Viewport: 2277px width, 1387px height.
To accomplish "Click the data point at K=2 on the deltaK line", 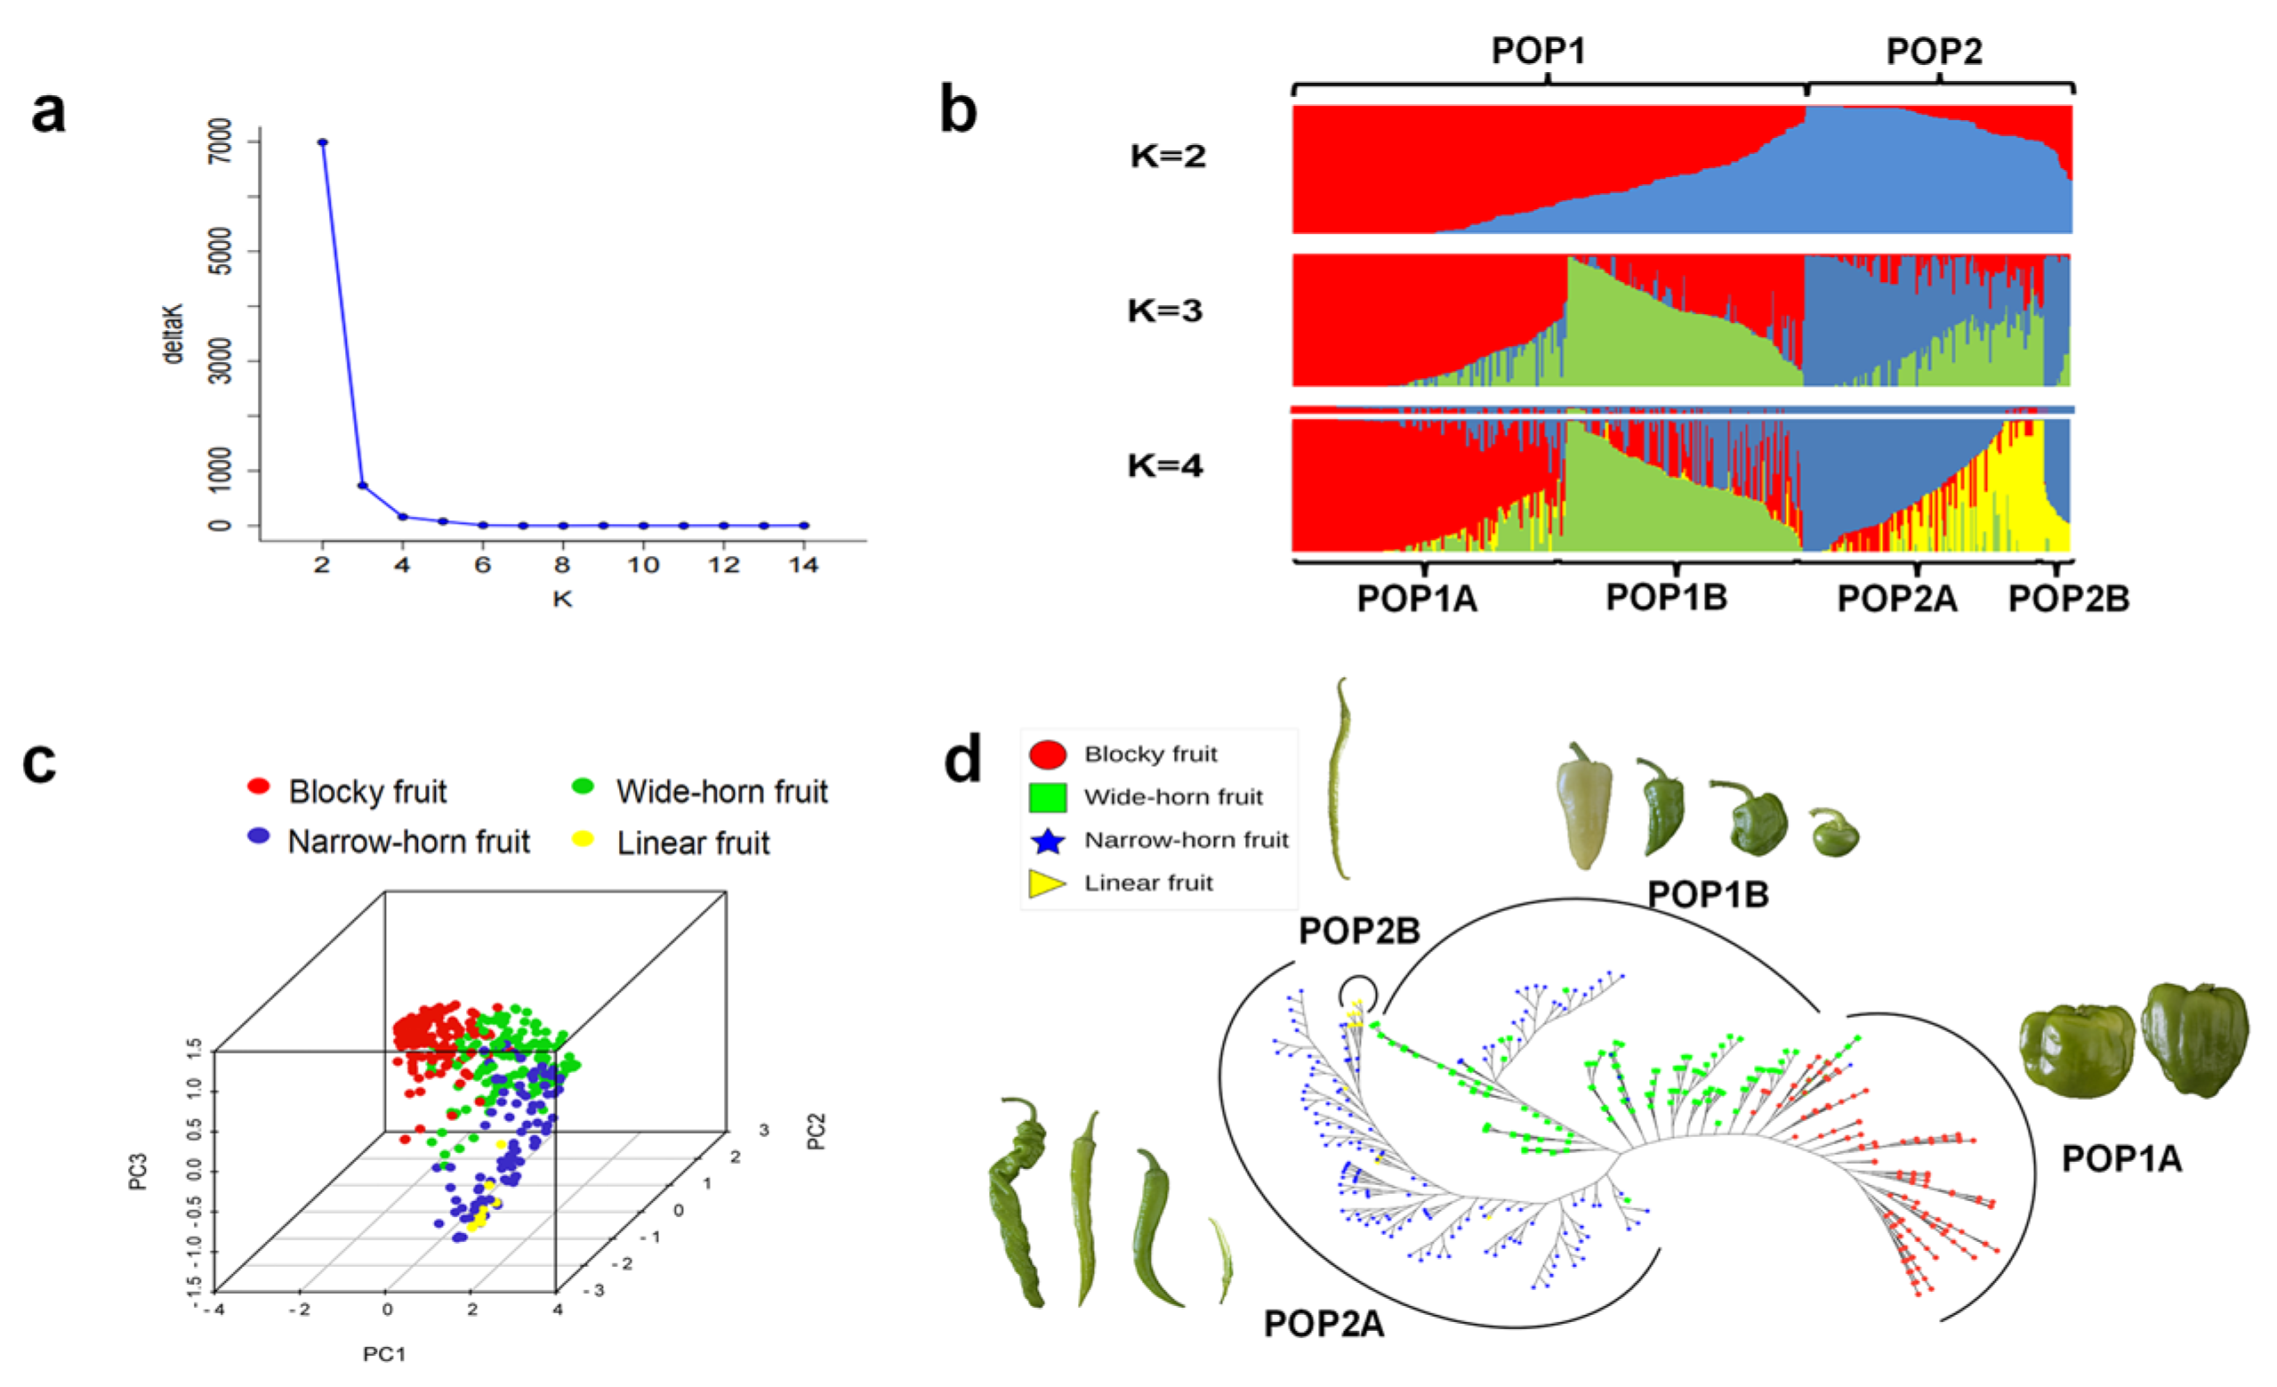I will pos(323,142).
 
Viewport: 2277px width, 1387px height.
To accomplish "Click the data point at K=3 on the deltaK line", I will pos(363,485).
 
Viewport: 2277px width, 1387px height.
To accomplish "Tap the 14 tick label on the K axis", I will pos(803,566).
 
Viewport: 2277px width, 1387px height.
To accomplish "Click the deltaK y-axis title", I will pos(173,333).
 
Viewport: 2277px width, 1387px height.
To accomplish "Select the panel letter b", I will pos(957,111).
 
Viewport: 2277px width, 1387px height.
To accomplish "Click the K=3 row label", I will pos(1164,310).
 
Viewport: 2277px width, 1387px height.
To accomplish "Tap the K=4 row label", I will pos(1164,465).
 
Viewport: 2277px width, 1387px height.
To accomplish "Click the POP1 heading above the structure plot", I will pos(1539,51).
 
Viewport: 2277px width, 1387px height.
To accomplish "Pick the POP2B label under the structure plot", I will pos(2068,599).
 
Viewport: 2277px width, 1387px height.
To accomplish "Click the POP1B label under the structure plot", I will pos(1666,598).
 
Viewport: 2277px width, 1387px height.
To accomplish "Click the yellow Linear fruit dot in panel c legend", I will pos(583,839).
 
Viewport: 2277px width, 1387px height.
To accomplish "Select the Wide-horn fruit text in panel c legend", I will pos(721,792).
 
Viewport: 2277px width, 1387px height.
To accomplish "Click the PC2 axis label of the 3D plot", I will pos(816,1131).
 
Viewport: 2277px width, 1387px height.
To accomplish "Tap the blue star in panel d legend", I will pos(1048,841).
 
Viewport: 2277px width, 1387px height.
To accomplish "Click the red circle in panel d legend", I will pos(1048,755).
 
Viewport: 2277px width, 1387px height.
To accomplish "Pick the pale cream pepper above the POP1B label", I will pos(1584,806).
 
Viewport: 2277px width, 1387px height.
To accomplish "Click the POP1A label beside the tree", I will pos(2120,1158).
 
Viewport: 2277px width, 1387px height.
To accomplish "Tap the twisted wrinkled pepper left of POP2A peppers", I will pos(1019,1201).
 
